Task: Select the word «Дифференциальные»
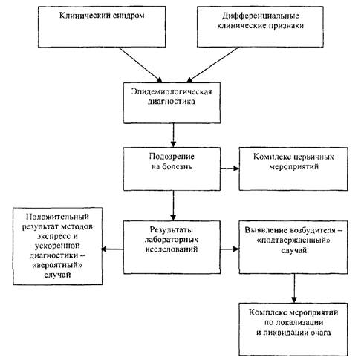261,16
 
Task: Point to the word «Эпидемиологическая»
172,91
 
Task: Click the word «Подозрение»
172,157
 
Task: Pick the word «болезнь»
176,166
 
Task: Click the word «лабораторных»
172,240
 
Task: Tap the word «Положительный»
57,217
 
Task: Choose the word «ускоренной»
57,246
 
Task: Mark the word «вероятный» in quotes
57,265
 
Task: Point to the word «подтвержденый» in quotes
293,240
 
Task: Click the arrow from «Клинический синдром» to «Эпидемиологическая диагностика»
140,65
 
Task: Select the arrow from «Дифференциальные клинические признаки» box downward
212,65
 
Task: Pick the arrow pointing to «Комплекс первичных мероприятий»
230,168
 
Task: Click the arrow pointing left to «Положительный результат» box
112,249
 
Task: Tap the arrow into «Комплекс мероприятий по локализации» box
294,288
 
